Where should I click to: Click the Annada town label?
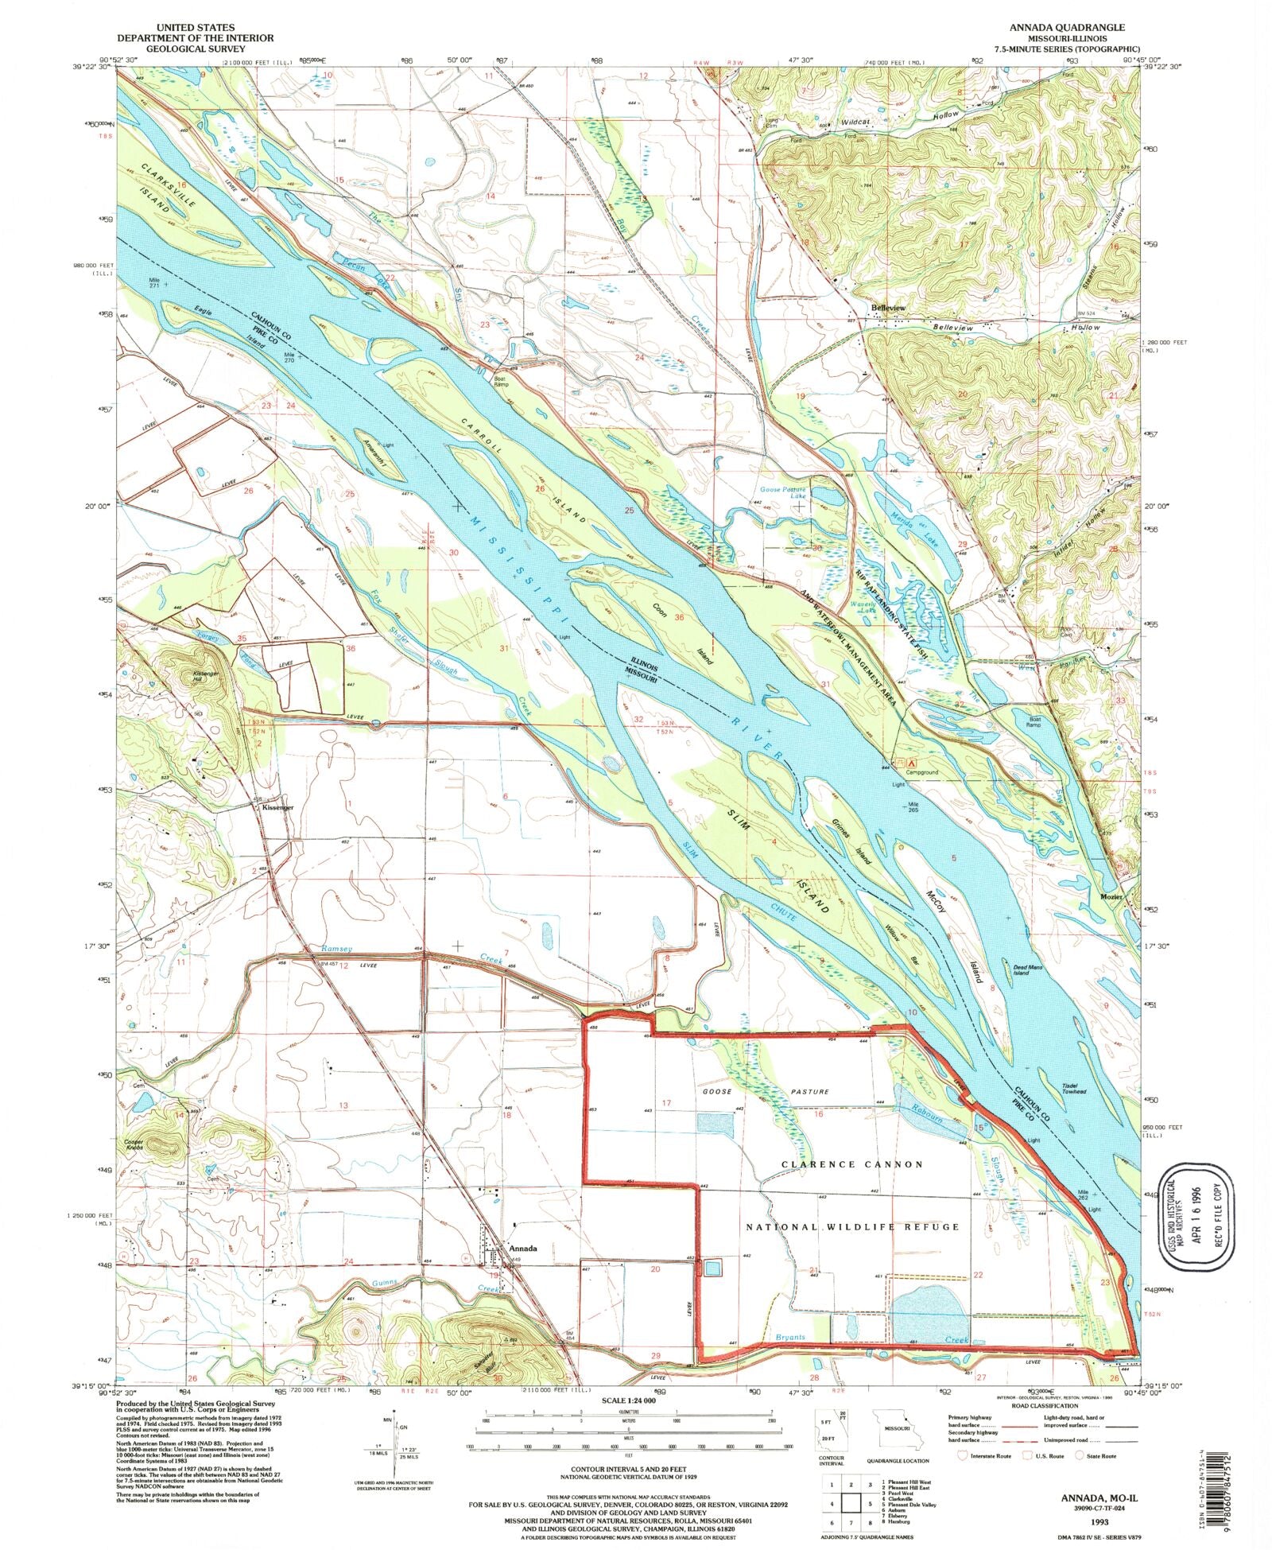[522, 1248]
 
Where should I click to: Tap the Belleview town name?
[888, 307]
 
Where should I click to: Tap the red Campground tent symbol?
[900, 762]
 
